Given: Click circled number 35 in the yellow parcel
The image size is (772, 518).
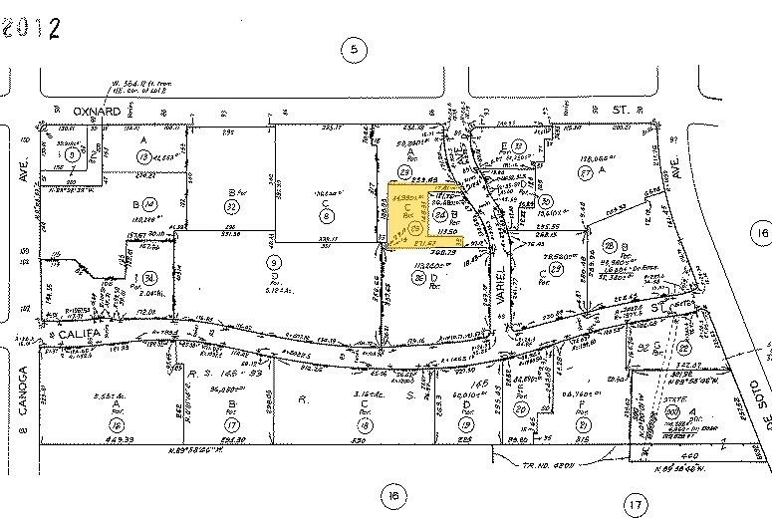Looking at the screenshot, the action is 415,228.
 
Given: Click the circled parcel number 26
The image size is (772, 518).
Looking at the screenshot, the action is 418,279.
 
